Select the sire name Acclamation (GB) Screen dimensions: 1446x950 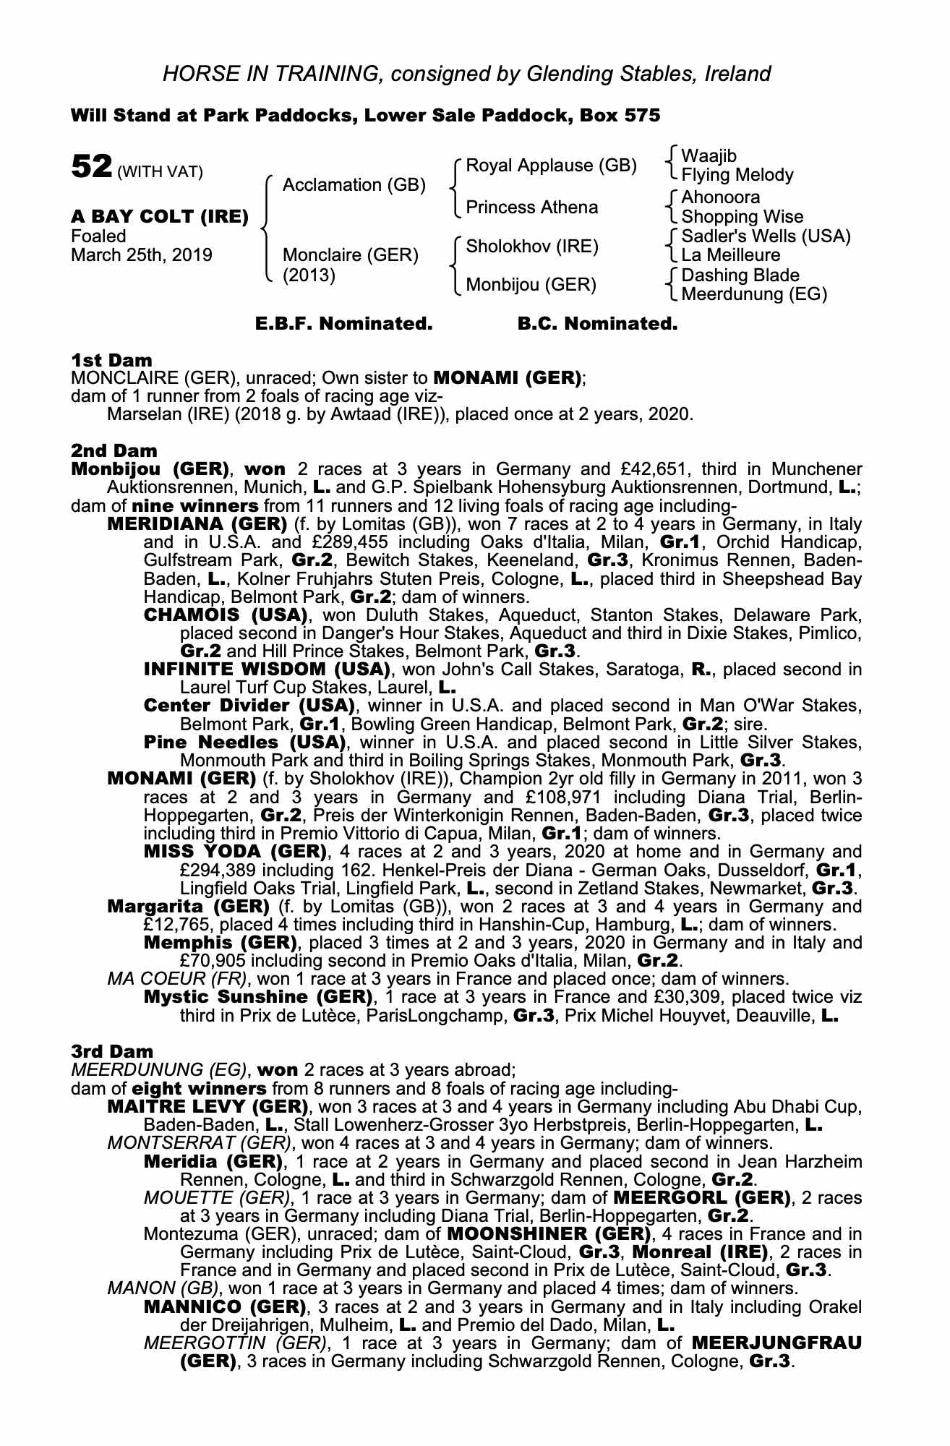(x=354, y=185)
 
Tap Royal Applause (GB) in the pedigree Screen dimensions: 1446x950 (x=551, y=166)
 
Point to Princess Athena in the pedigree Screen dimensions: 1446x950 (x=531, y=208)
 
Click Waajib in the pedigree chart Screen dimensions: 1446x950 (x=709, y=156)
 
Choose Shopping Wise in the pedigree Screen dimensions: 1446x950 (x=742, y=217)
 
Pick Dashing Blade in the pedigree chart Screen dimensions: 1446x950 (x=740, y=275)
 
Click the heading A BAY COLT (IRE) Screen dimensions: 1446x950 (x=160, y=216)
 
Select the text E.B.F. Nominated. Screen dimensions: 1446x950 (x=344, y=324)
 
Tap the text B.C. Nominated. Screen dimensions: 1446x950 (x=597, y=324)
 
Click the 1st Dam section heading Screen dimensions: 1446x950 (x=111, y=360)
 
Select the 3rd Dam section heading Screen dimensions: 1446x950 (x=112, y=1051)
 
